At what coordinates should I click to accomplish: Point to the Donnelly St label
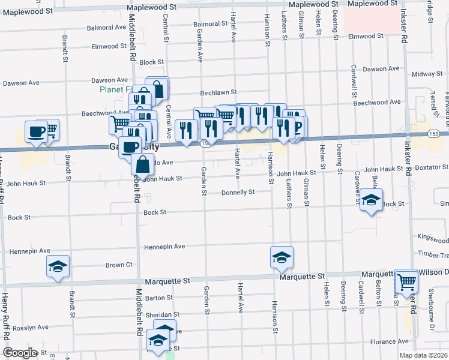pyautogui.click(x=238, y=193)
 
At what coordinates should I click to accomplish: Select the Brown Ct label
pyautogui.click(x=119, y=265)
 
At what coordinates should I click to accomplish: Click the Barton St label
pyautogui.click(x=158, y=298)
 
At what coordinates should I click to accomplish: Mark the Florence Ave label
pyautogui.click(x=389, y=342)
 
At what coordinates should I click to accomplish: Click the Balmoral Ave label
pyautogui.click(x=106, y=28)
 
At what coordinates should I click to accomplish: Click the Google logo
pyautogui.click(x=20, y=353)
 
